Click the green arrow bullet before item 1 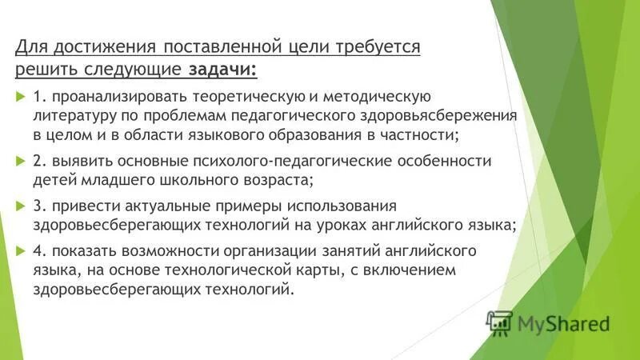(21, 97)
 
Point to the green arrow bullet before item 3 (21, 206)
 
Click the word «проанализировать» (113, 97)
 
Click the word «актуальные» (162, 206)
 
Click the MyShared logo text (563, 323)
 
